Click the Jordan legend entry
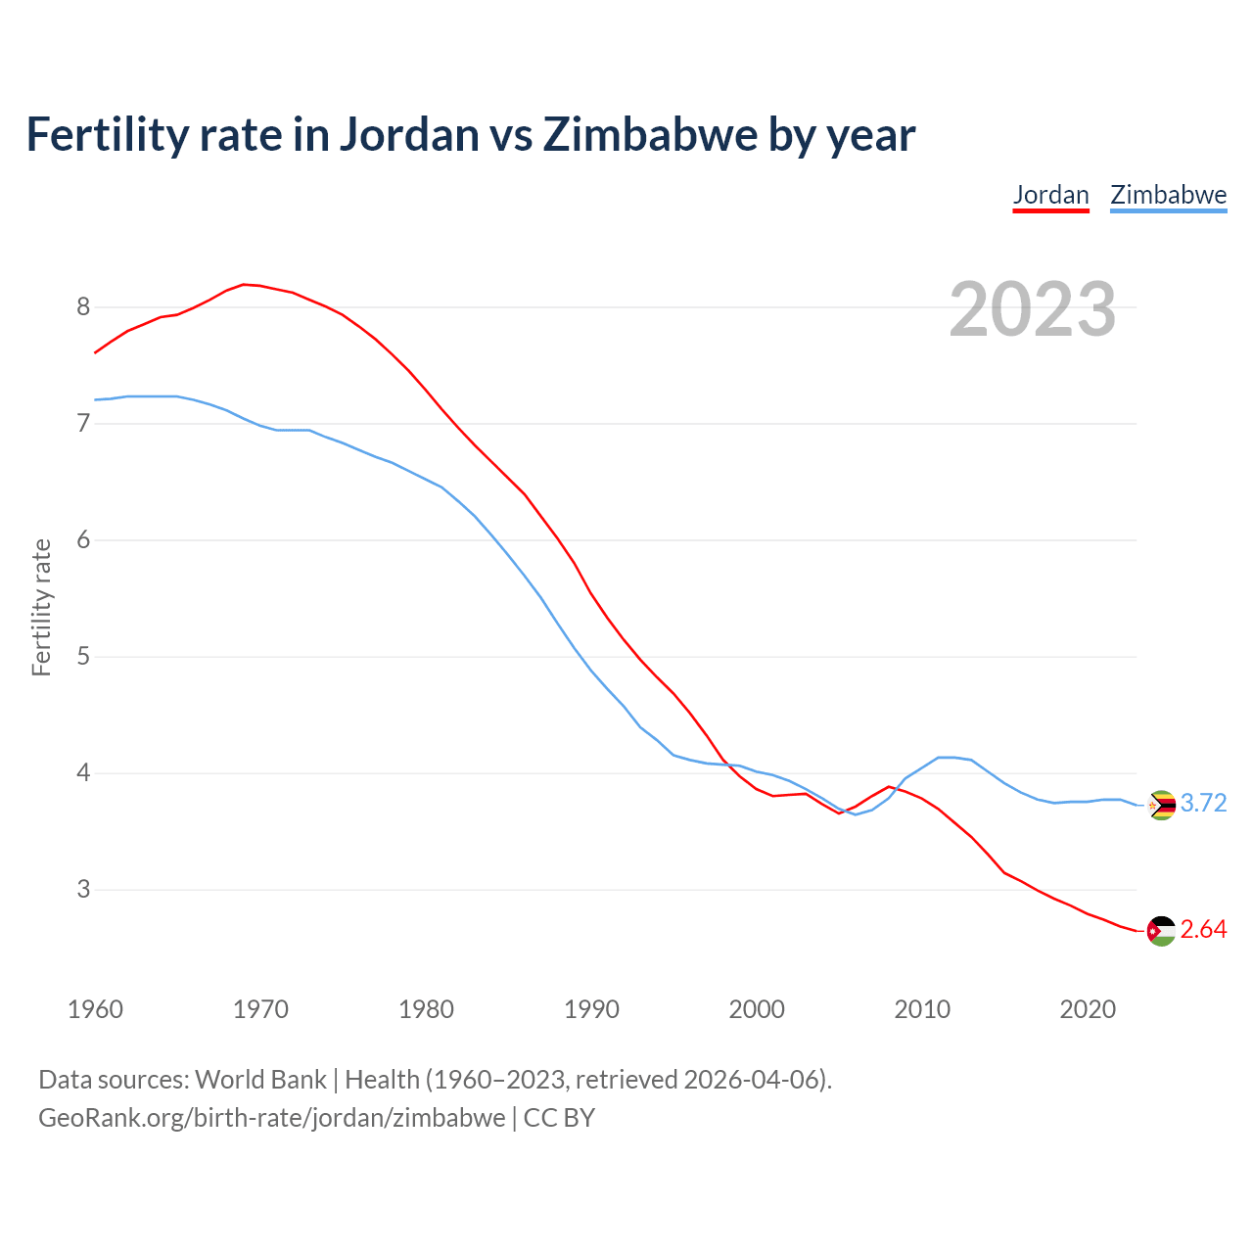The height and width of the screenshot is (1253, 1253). point(1050,195)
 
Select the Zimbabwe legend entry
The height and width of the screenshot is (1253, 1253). point(1168,195)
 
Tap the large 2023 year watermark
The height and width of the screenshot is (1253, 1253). point(1032,309)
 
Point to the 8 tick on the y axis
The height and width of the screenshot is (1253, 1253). point(83,307)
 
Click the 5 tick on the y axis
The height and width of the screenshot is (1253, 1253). point(83,657)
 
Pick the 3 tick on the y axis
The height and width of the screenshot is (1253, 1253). point(83,890)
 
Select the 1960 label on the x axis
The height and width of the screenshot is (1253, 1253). point(95,1009)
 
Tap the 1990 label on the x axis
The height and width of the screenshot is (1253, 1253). point(591,1009)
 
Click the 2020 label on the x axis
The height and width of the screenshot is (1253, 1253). point(1088,1009)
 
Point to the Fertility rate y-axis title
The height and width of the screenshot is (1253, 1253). point(41,607)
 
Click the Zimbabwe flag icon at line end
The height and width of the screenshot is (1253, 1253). point(1161,805)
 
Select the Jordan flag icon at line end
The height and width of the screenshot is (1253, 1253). point(1161,931)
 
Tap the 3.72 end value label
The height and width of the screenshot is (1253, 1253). point(1203,804)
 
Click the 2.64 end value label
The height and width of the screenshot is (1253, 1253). point(1203,930)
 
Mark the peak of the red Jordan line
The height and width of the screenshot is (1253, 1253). point(244,284)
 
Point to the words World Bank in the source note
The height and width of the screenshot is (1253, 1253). point(260,1080)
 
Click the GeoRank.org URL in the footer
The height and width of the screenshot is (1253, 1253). point(272,1118)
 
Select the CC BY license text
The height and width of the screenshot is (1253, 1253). point(559,1118)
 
